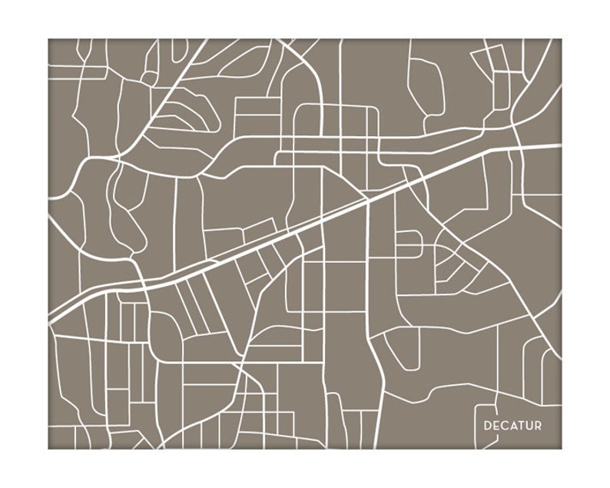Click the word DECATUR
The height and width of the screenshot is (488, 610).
point(512,426)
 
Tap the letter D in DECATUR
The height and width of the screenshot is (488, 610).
point(487,426)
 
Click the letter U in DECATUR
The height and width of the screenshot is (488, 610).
point(529,426)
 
